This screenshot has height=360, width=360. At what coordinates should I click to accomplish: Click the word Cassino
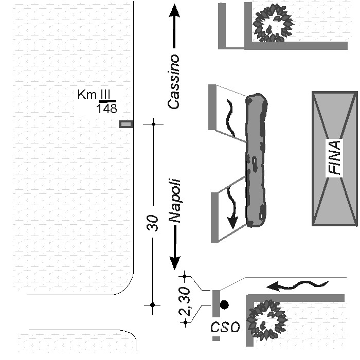click(x=174, y=81)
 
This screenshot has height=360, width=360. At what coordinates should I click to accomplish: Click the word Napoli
click(x=174, y=201)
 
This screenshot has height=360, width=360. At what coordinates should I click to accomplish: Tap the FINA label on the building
click(x=335, y=158)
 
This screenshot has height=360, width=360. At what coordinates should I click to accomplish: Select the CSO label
click(x=225, y=327)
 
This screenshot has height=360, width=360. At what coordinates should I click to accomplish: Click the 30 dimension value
click(x=153, y=223)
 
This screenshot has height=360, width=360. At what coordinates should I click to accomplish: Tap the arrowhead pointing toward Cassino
click(x=174, y=11)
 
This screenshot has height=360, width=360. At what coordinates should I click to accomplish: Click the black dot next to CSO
click(x=224, y=305)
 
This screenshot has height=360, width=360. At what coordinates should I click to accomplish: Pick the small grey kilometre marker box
click(x=126, y=124)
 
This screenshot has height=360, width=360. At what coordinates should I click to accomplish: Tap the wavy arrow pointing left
click(x=298, y=284)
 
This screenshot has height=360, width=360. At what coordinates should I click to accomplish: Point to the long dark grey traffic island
click(x=256, y=160)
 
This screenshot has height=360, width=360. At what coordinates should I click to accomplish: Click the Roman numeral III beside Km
click(x=106, y=95)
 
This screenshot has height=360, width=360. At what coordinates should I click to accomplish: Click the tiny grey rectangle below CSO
click(x=216, y=339)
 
